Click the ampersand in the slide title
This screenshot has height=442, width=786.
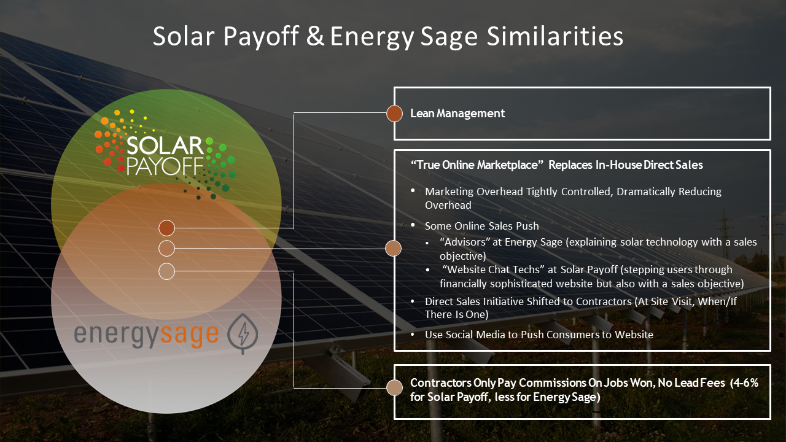coord(315,36)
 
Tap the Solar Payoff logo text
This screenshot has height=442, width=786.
coord(165,156)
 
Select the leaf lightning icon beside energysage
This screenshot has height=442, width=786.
coord(243,333)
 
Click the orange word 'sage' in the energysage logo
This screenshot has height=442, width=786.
coord(190,335)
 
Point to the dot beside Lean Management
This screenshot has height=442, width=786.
coord(394,114)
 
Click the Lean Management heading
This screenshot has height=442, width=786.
coord(457,114)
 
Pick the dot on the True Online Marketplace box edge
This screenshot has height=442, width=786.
coord(394,249)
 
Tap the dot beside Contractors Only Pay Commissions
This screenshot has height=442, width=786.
coord(394,388)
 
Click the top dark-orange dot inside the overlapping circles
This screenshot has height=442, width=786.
coord(166,228)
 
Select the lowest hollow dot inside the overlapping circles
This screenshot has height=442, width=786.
coord(166,271)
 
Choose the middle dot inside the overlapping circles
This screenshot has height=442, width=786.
coord(166,249)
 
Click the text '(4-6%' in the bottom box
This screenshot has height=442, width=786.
coord(744,382)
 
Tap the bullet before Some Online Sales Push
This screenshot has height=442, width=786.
coord(413,225)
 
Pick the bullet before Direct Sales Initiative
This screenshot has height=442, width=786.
coord(413,301)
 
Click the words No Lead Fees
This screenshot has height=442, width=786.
coord(691,382)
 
